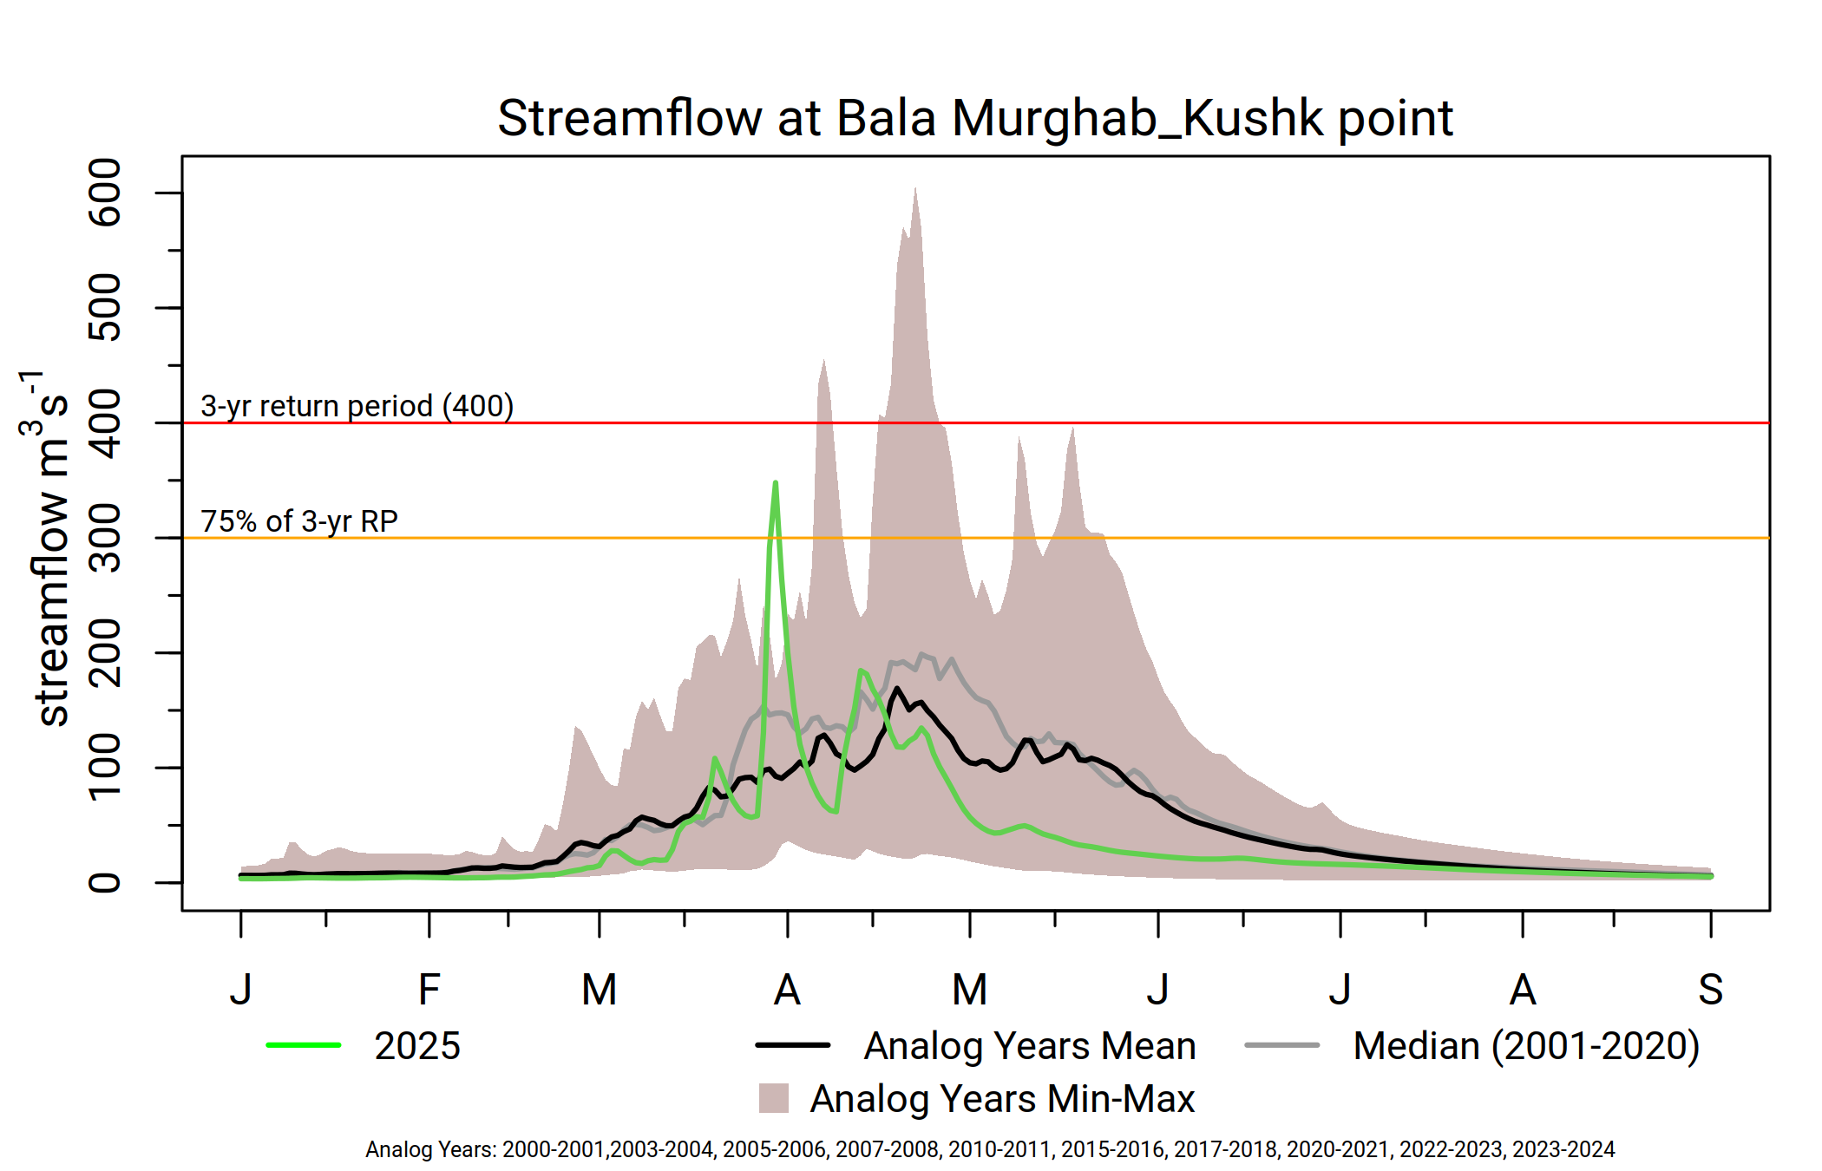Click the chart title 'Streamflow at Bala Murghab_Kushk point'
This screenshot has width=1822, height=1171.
pyautogui.click(x=975, y=118)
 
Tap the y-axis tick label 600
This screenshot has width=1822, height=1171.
pyautogui.click(x=106, y=193)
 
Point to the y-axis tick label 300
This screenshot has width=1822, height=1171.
pyautogui.click(x=106, y=538)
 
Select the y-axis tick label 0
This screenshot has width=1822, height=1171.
pyautogui.click(x=106, y=883)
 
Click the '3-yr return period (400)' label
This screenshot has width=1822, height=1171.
pyautogui.click(x=357, y=406)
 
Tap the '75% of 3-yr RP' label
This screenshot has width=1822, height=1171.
pyautogui.click(x=299, y=521)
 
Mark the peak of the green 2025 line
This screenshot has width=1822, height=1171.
pyautogui.click(x=775, y=483)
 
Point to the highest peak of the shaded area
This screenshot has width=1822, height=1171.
pyautogui.click(x=915, y=189)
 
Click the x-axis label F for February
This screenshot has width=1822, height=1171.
pyautogui.click(x=429, y=989)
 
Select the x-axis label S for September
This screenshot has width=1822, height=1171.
pyautogui.click(x=1710, y=989)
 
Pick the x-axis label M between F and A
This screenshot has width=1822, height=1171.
pyautogui.click(x=599, y=989)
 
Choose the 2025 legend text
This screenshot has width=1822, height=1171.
pyautogui.click(x=417, y=1046)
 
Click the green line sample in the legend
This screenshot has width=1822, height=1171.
pyautogui.click(x=304, y=1045)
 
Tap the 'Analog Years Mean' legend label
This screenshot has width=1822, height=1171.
pyautogui.click(x=1030, y=1046)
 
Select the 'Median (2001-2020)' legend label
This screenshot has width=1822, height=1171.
pyautogui.click(x=1526, y=1046)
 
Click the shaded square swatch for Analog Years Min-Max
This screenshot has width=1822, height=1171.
pyautogui.click(x=774, y=1098)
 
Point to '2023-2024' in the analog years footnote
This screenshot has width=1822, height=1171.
pyautogui.click(x=1563, y=1149)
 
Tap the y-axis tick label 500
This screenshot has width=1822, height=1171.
pyautogui.click(x=106, y=308)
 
